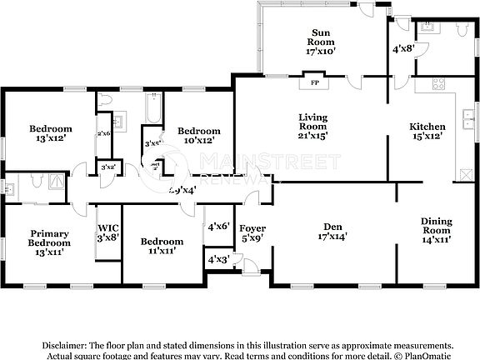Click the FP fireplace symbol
[315, 83]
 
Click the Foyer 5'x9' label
[252, 232]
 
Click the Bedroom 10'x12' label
[198, 135]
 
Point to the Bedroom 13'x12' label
[51, 133]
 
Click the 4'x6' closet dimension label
[217, 226]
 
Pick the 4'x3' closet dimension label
[217, 261]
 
